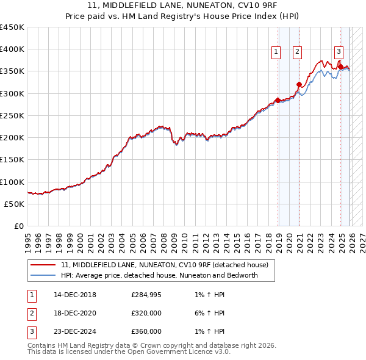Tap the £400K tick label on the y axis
(12, 49)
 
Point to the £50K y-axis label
(14, 204)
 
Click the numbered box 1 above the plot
(276, 52)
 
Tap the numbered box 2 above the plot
(297, 52)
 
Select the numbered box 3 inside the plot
(339, 52)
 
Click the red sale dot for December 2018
(278, 100)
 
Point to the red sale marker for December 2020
(299, 85)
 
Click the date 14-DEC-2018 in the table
(74, 296)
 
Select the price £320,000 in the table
(146, 314)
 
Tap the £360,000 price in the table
(146, 331)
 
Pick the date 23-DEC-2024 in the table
(74, 331)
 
